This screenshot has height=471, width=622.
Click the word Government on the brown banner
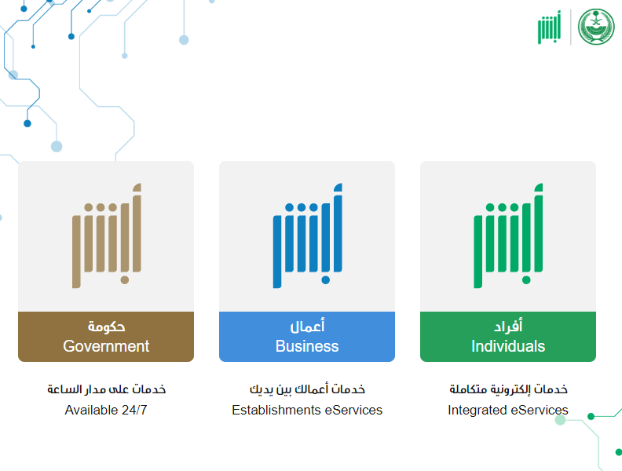coord(106,346)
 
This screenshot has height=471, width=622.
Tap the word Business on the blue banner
coord(307,346)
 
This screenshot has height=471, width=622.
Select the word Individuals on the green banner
coord(508,346)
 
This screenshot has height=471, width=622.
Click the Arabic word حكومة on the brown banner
coord(106,327)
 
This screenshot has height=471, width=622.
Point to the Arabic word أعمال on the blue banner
coord(307,326)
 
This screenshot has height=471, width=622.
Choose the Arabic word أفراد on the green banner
coord(508,326)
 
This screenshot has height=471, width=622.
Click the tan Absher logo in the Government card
coord(107,235)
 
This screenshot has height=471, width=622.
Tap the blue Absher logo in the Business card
coord(307,235)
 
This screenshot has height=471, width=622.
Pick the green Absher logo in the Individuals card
coord(508,235)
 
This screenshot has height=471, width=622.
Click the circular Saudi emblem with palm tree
coord(596,27)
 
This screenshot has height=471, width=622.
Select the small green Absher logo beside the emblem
coord(550,27)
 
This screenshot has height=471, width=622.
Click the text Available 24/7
coord(106,410)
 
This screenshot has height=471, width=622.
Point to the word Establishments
coord(276,410)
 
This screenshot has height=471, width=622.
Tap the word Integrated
coord(477,410)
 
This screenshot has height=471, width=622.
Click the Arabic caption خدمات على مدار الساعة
coord(106,389)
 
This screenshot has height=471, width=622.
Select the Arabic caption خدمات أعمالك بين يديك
coord(307,389)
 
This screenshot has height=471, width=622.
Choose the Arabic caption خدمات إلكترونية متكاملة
coord(508,389)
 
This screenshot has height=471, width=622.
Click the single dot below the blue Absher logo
coord(326,280)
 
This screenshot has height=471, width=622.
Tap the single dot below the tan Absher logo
coord(125,280)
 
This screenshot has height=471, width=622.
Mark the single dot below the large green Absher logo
coord(526,280)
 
